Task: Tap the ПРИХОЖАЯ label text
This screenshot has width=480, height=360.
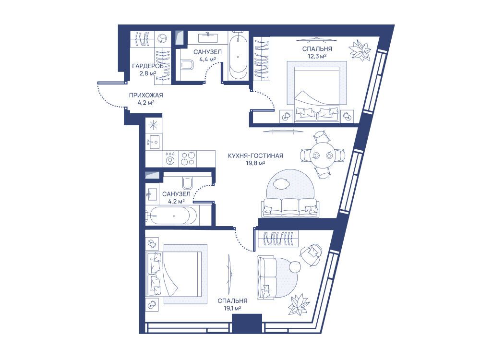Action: (146, 95)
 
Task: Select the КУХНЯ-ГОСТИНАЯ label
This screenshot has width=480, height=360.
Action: (256, 156)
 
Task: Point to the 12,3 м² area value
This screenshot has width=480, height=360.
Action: (317, 56)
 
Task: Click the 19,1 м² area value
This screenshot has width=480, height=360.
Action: (232, 308)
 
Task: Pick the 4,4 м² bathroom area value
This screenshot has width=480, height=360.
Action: (208, 60)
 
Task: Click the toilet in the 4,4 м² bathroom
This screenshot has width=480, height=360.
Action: (187, 65)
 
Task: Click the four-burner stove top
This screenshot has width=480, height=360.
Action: (187, 158)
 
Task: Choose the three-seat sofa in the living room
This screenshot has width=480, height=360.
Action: (289, 208)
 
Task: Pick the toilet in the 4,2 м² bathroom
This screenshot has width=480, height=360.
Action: (187, 183)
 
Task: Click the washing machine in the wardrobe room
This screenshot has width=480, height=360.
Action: (162, 39)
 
